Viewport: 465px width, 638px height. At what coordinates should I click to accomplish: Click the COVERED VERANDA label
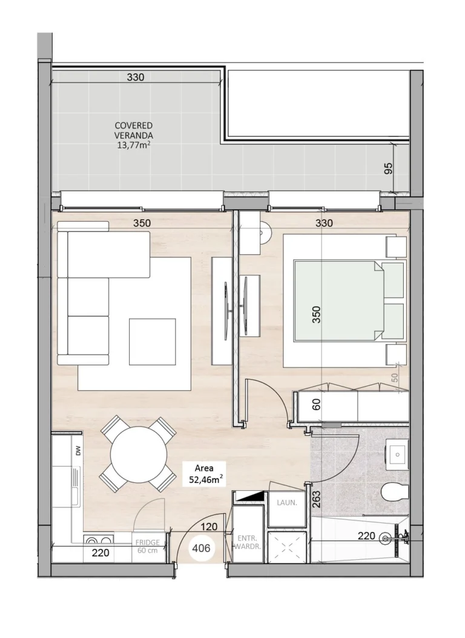click(134, 131)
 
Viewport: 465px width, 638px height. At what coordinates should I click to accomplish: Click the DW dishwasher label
click(77, 450)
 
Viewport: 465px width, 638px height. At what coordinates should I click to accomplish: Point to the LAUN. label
click(286, 503)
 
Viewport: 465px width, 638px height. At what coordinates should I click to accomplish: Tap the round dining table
click(139, 453)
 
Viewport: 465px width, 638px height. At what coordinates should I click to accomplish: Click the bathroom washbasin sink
click(398, 452)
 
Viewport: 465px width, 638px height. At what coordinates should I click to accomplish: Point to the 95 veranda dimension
click(389, 168)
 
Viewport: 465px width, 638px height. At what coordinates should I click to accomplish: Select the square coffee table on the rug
click(152, 341)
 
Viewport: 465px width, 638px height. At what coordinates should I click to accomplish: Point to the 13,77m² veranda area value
click(134, 145)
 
